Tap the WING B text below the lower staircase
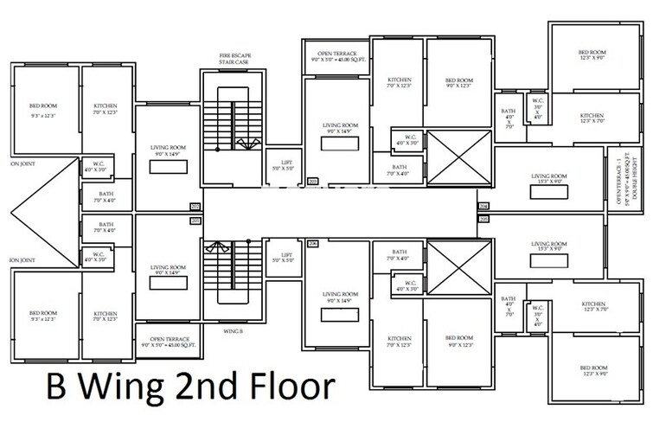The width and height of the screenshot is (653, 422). point(232,329)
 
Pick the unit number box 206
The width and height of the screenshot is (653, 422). point(312,245)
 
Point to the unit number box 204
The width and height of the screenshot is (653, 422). point(483,206)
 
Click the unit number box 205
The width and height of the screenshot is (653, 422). point(483,220)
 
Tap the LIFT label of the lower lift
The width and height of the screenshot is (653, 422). point(281,258)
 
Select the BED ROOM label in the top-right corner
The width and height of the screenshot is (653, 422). point(592,54)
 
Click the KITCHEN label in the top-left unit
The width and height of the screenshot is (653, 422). point(106,109)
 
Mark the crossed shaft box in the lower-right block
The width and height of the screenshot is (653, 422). point(458,268)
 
